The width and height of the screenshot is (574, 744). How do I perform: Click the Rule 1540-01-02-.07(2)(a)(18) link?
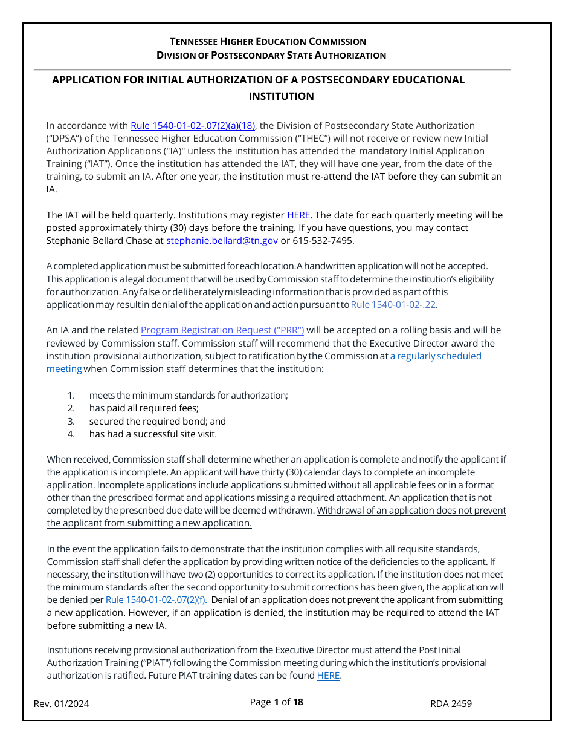tap(193, 126)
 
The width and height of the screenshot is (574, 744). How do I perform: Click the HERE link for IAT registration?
tap(298, 215)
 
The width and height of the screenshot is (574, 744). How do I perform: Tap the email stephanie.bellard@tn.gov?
tap(222, 241)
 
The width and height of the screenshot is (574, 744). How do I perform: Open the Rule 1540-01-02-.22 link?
tap(393, 305)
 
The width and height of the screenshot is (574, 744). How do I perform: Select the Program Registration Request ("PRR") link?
tap(222, 330)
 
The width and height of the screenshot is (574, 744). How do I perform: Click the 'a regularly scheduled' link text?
tap(436, 356)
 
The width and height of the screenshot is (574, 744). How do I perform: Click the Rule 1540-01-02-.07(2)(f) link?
tap(156, 600)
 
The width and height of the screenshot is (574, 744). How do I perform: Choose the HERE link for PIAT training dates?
tap(328, 676)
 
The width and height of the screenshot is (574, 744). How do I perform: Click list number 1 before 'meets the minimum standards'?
tap(71, 396)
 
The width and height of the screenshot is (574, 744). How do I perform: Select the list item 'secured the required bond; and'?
tap(157, 422)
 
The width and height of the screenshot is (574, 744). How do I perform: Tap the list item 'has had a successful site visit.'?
tap(153, 434)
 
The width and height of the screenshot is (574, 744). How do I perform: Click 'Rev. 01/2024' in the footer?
tap(61, 703)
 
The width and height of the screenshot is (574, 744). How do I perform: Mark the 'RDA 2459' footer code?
tap(451, 703)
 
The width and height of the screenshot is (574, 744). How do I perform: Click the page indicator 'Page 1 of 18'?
tap(276, 702)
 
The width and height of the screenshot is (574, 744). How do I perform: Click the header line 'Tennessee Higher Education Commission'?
tap(268, 42)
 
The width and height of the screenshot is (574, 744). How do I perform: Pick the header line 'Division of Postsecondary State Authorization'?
tap(271, 56)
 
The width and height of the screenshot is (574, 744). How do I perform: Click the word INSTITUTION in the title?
tap(281, 96)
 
